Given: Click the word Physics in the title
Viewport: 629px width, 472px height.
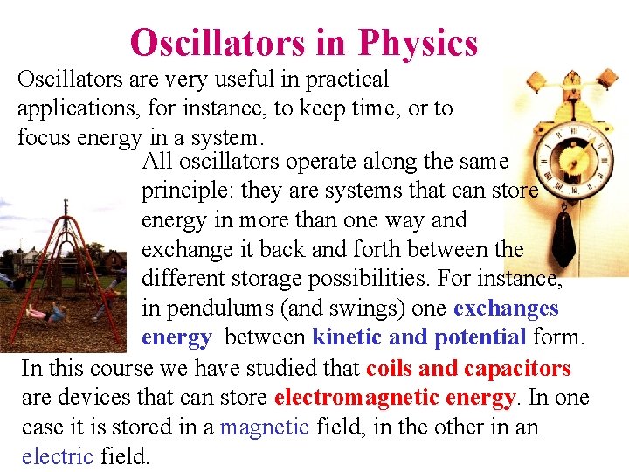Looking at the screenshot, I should click(418, 43).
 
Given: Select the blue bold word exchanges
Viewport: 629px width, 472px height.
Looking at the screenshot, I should click(506, 309).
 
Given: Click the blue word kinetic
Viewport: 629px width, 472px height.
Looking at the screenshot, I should click(348, 337).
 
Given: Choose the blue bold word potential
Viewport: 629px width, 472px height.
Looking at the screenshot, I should click(480, 337).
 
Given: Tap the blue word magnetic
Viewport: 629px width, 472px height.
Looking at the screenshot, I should click(265, 427).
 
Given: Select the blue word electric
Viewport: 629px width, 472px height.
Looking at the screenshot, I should click(58, 455).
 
